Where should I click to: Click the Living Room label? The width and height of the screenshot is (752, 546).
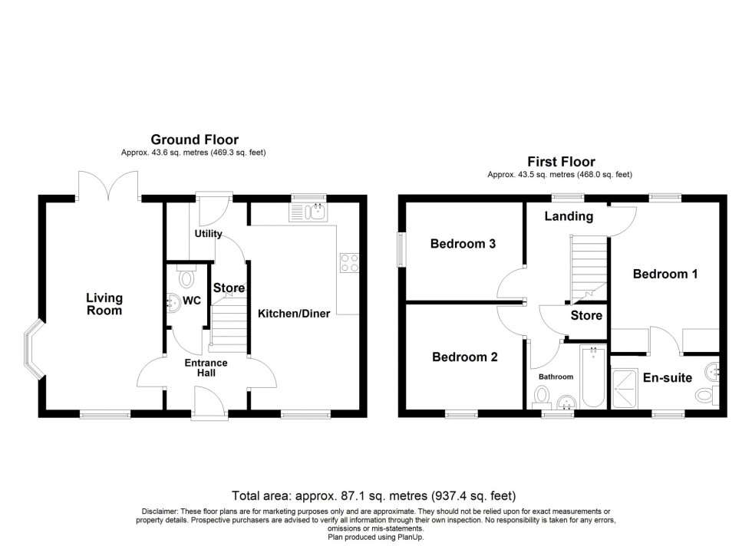click(104, 304)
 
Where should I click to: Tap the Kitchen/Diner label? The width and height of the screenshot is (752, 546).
click(294, 314)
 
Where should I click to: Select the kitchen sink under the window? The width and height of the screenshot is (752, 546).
click(308, 212)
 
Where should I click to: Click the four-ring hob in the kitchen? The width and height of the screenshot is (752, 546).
click(349, 263)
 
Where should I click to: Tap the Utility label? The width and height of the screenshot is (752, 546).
click(209, 234)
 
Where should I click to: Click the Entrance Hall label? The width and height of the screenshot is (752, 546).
click(206, 367)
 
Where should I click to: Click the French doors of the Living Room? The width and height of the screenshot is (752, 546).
click(108, 186)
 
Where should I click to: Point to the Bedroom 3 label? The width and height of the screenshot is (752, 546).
click(463, 244)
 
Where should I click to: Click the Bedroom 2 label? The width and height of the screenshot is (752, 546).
click(465, 357)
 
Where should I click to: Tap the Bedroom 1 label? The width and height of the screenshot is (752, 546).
click(665, 275)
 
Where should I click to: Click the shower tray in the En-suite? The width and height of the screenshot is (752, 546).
click(625, 388)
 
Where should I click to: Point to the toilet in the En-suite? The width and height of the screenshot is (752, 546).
click(707, 395)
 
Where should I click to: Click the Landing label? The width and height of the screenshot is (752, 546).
click(569, 217)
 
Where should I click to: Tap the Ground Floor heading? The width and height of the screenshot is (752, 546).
click(195, 140)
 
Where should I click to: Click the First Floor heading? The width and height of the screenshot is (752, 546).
click(561, 162)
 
